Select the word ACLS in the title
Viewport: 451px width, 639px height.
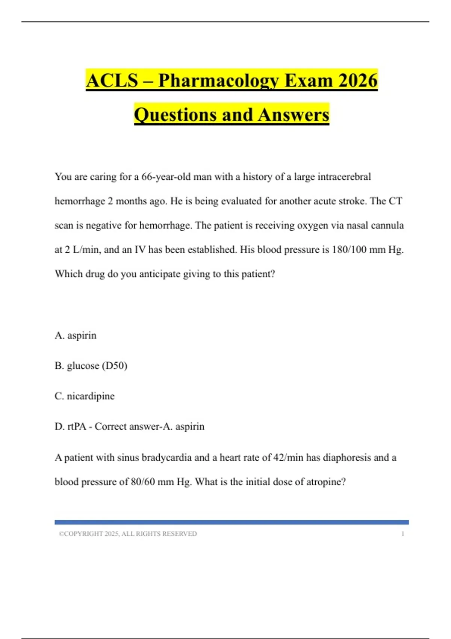tap(112, 80)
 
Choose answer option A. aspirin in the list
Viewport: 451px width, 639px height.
tap(76, 335)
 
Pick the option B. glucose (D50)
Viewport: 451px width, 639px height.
tap(91, 366)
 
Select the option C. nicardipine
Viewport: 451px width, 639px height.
tap(85, 396)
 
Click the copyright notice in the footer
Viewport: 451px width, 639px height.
tap(128, 534)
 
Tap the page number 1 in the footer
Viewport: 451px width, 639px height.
tap(403, 534)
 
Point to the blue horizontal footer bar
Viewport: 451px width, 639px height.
tap(232, 522)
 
